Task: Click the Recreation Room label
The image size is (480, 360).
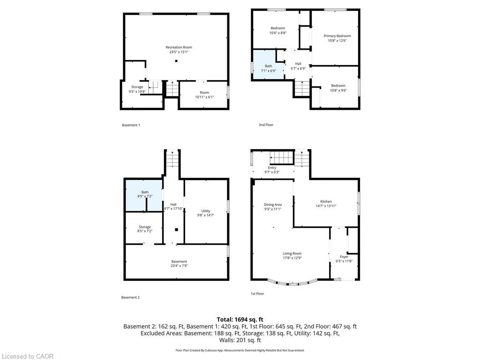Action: click(179, 47)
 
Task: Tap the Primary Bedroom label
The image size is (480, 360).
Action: click(337, 36)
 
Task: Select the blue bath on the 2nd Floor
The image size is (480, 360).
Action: click(268, 65)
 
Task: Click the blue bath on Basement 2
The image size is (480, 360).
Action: click(144, 195)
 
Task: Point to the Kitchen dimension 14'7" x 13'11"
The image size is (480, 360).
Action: click(326, 206)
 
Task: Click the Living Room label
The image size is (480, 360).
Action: click(292, 254)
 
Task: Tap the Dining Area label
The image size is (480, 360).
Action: click(273, 205)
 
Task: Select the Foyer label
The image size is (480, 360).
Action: click(344, 257)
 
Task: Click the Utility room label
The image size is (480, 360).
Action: click(206, 211)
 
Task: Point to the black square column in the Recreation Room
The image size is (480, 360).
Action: click(176, 61)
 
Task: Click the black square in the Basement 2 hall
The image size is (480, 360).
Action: click(176, 230)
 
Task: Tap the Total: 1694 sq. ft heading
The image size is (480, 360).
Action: click(240, 320)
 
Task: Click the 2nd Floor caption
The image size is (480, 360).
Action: click(266, 125)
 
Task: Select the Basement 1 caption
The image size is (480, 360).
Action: click(131, 125)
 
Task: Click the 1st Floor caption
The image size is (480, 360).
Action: click(257, 293)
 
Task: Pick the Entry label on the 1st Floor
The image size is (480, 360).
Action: click(272, 168)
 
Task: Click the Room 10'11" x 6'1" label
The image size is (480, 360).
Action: click(204, 95)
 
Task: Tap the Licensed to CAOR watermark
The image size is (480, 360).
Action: click(28, 356)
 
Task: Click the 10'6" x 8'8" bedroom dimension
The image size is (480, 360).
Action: click(277, 33)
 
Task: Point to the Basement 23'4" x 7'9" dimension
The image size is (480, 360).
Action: click(179, 266)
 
